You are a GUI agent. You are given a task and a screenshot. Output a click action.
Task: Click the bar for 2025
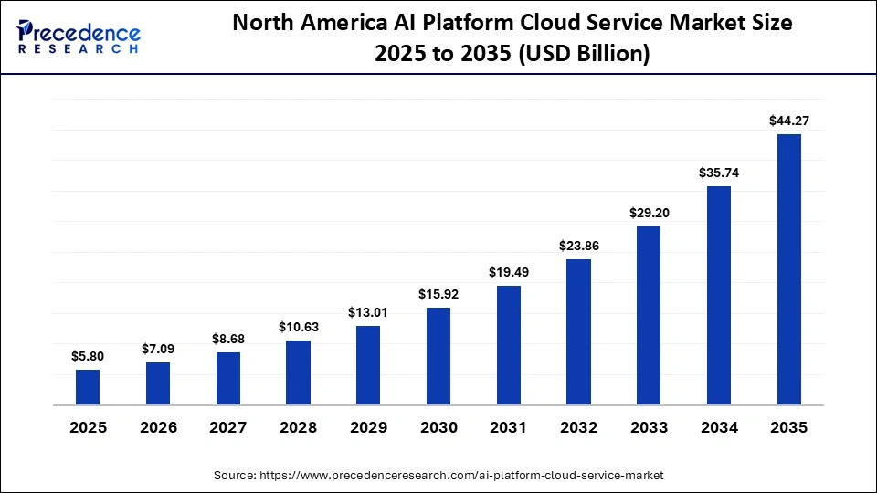point(88,387)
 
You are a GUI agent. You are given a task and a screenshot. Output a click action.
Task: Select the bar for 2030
point(438,356)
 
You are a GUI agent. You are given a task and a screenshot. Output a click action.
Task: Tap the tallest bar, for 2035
point(789,269)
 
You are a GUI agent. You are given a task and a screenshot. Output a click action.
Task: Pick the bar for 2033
point(649,315)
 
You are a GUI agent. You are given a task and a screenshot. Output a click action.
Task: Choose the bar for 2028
point(298,372)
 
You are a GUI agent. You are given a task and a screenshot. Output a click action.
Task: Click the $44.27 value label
point(789,120)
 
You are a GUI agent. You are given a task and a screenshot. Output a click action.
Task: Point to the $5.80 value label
point(88,355)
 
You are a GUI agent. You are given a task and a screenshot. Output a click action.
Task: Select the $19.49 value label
point(509,271)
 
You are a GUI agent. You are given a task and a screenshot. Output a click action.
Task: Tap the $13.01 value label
point(368,312)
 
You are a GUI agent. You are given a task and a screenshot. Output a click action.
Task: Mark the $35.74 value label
point(719,172)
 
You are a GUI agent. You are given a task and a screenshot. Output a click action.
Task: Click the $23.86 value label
point(579,245)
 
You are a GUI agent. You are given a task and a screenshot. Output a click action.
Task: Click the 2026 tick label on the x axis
point(158,427)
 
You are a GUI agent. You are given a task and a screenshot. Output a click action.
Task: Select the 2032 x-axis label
point(579,427)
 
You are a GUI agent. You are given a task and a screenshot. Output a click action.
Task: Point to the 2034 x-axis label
point(719,427)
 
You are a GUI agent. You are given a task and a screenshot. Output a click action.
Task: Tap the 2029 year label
point(368,427)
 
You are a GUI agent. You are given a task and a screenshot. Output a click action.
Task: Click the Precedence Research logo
point(79,37)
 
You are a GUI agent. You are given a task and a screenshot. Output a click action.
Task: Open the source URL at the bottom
point(438,476)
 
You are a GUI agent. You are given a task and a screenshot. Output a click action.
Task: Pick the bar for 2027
point(228,378)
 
